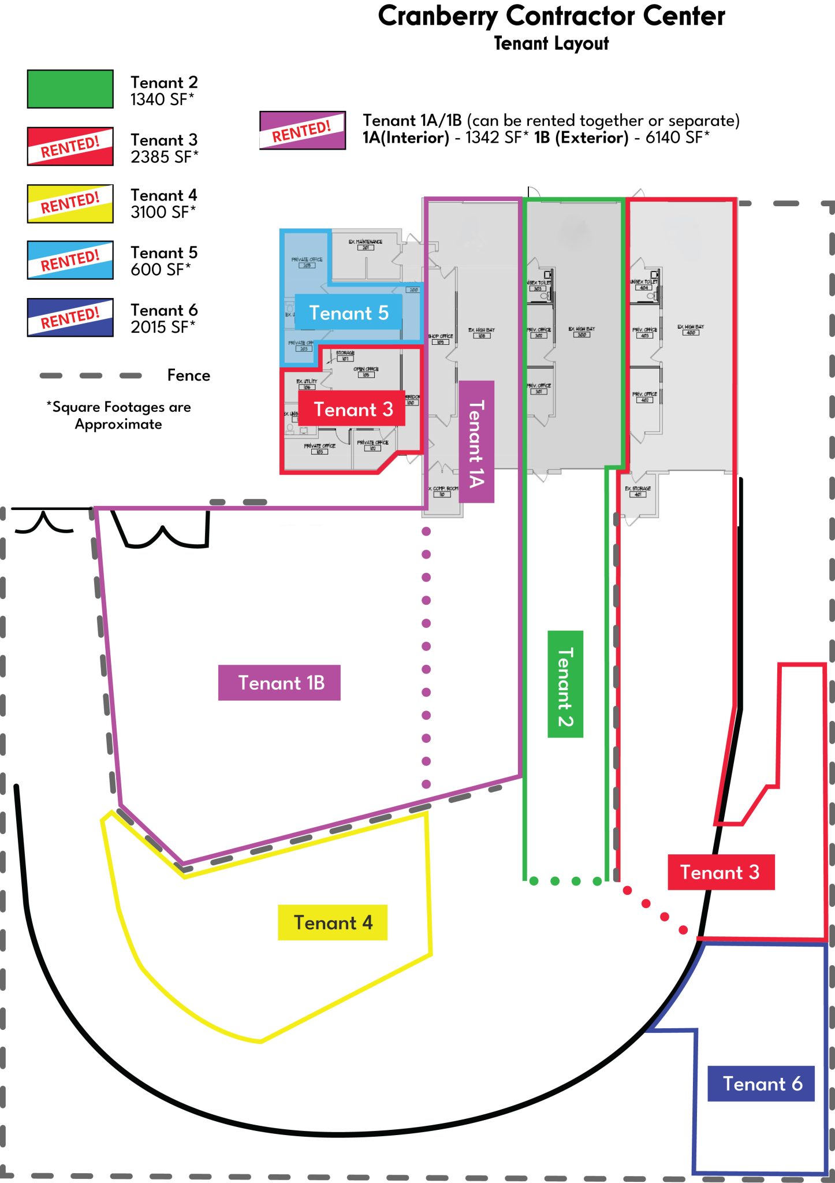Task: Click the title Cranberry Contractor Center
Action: coord(551,16)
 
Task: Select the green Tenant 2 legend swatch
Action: coord(70,89)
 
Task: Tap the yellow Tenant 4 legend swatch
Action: coord(70,203)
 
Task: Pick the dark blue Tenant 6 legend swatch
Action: coord(70,317)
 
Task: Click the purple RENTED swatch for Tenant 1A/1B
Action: coord(302,130)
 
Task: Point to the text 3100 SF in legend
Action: coord(163,213)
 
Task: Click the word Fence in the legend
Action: coord(188,375)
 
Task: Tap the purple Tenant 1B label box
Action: coord(279,683)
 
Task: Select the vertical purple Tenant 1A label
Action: coord(476,442)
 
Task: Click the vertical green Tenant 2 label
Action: coord(565,684)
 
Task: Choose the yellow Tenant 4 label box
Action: coord(333,922)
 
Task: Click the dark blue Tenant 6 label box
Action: coord(761,1084)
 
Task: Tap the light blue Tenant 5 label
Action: coord(348,313)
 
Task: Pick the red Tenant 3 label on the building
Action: coord(352,410)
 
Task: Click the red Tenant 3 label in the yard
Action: coord(720,872)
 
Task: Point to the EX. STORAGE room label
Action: coord(638,489)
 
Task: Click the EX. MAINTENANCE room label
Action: coord(365,242)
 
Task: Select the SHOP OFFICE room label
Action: coord(441,336)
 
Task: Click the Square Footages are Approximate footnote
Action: coord(119,415)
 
